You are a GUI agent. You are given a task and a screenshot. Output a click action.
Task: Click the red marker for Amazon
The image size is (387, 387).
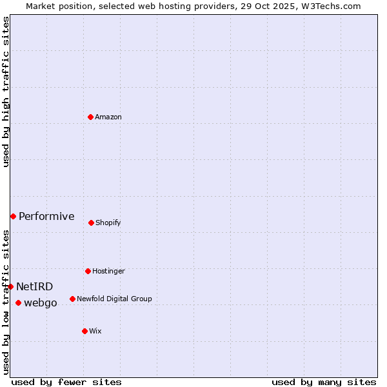click(x=90, y=117)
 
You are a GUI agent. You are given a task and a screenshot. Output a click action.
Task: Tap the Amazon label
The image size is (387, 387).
click(x=108, y=117)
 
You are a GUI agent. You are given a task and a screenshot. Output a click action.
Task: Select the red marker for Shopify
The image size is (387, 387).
click(x=91, y=223)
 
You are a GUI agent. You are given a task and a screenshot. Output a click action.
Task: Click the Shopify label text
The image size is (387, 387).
click(x=108, y=223)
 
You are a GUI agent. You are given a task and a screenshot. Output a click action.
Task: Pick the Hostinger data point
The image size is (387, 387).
click(x=88, y=271)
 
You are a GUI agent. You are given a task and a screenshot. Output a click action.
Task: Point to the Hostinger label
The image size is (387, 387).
click(x=108, y=272)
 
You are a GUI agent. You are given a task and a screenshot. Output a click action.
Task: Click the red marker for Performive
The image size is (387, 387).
click(x=13, y=216)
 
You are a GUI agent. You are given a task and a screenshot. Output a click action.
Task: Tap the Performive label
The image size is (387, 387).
click(x=46, y=217)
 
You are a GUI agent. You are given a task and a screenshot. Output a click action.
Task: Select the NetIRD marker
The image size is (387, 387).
click(x=10, y=286)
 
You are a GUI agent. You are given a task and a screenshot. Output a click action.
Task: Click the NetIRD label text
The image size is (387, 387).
click(x=35, y=287)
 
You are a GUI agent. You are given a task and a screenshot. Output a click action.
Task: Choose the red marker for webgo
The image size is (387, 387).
click(x=18, y=303)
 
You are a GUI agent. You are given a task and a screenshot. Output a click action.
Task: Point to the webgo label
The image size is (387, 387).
click(x=41, y=303)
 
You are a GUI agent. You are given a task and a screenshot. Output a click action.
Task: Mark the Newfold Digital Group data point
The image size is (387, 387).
click(x=72, y=299)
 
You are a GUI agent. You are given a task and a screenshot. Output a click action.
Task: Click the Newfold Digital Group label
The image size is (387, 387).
click(x=114, y=299)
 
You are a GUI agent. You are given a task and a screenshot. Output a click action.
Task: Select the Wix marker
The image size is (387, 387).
click(x=84, y=331)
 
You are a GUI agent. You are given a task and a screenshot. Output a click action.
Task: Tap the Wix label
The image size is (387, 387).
click(x=95, y=332)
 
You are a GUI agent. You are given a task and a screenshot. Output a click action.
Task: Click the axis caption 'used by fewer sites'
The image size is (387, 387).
click(x=66, y=382)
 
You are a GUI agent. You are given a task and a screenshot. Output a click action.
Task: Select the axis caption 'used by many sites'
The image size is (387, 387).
click(x=324, y=382)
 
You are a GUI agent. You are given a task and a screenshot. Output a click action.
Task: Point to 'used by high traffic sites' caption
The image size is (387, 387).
click(x=6, y=92)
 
